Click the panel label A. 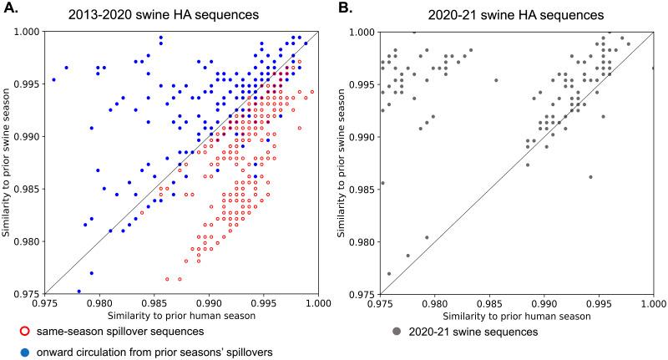click(x=9, y=8)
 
